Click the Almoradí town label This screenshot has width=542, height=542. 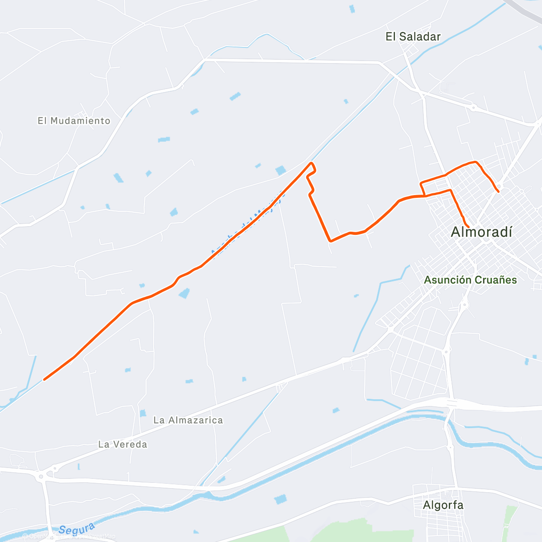click(481, 232)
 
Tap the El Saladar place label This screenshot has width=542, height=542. click(413, 37)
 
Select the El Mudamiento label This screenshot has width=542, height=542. click(74, 121)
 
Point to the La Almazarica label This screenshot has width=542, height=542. click(188, 420)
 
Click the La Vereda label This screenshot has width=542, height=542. click(122, 444)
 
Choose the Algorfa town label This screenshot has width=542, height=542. click(443, 505)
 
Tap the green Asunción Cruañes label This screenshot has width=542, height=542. click(470, 280)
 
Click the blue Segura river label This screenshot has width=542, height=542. click(77, 529)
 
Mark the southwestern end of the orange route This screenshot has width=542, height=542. click(44, 379)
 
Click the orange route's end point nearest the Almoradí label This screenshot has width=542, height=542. click(468, 226)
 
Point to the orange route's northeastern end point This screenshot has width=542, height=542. click(498, 192)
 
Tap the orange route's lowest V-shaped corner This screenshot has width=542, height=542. click(331, 241)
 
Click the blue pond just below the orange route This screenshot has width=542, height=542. click(184, 294)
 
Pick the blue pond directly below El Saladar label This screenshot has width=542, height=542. click(352, 9)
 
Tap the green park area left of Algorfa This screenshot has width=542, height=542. click(361, 531)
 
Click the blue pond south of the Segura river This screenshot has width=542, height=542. click(280, 499)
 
